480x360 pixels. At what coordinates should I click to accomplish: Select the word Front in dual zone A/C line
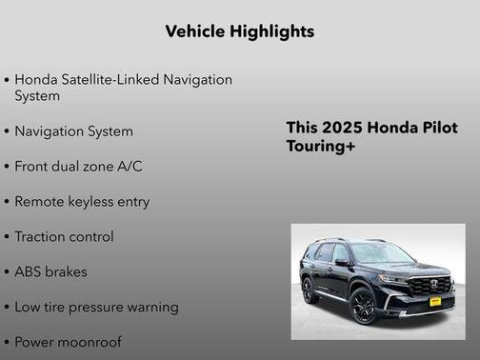tap(33, 166)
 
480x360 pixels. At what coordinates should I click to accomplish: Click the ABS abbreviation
tap(30, 271)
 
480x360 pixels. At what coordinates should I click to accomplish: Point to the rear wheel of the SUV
tap(310, 290)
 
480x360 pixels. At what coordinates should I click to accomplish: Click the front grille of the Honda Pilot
tap(429, 285)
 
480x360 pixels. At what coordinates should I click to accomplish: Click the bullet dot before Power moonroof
tap(8, 342)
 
